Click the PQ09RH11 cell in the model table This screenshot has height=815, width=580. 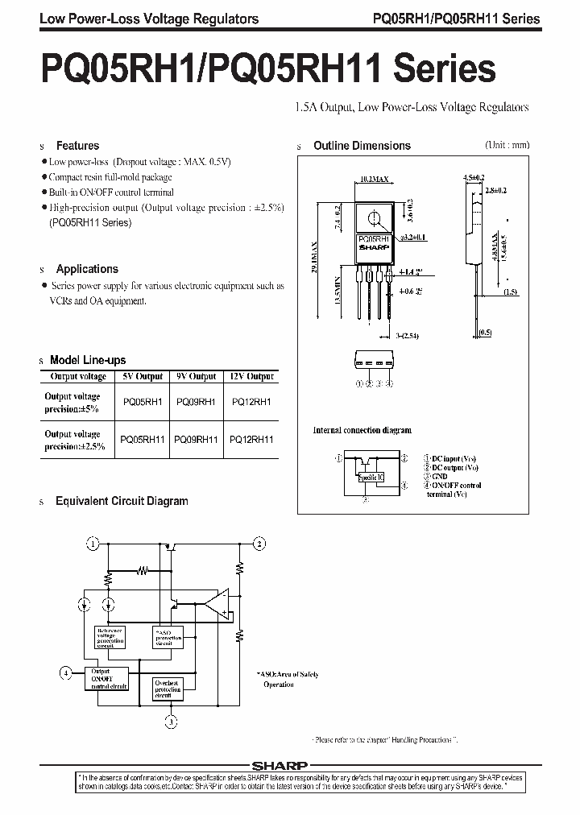click(197, 440)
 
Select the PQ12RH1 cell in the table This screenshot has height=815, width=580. click(251, 402)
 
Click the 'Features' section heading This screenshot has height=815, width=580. click(77, 146)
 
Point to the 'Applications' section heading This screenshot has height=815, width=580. click(87, 269)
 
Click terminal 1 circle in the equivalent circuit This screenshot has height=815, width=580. click(94, 544)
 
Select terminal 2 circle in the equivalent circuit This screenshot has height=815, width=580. click(259, 544)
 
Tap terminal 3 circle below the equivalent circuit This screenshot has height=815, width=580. click(171, 722)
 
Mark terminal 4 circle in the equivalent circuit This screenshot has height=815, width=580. click(66, 671)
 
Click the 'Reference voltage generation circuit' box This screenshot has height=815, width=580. click(111, 638)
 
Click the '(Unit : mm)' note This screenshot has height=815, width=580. click(507, 145)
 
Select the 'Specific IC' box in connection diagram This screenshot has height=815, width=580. click(371, 477)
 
